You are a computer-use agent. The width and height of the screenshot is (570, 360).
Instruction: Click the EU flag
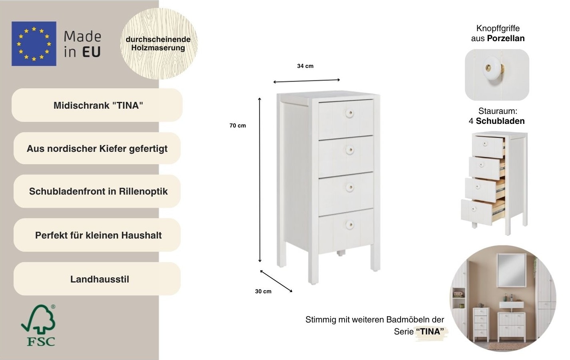[34, 44]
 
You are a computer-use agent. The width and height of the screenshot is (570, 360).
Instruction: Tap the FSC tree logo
[38, 325]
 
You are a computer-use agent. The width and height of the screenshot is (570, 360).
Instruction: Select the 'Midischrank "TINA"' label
[98, 105]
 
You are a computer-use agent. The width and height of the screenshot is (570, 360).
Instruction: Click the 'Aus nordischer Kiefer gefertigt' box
[97, 149]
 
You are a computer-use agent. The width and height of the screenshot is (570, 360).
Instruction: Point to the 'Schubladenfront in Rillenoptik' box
[98, 191]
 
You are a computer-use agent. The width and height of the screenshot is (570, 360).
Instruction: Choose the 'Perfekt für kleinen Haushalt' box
[98, 235]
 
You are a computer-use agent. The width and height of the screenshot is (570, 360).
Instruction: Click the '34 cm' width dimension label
[305, 66]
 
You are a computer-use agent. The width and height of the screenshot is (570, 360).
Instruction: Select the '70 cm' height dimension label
[237, 125]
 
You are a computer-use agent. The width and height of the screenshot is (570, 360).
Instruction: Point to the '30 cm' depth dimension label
[263, 291]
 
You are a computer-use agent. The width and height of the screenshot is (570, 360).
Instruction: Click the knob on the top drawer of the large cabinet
[349, 113]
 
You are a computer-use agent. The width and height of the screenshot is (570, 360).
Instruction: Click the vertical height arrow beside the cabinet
[260, 180]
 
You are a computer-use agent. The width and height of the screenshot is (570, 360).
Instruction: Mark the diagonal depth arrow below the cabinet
[276, 281]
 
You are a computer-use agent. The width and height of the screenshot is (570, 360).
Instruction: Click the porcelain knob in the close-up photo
[490, 68]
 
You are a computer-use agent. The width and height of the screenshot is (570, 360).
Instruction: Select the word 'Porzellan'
[506, 38]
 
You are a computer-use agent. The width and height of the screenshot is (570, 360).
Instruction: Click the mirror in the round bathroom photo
[511, 269]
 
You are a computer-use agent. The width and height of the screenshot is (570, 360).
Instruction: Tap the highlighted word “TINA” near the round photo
[430, 332]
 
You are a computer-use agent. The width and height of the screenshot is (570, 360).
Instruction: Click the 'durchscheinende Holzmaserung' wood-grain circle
[158, 44]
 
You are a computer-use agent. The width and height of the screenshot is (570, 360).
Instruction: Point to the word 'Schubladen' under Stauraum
[500, 121]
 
